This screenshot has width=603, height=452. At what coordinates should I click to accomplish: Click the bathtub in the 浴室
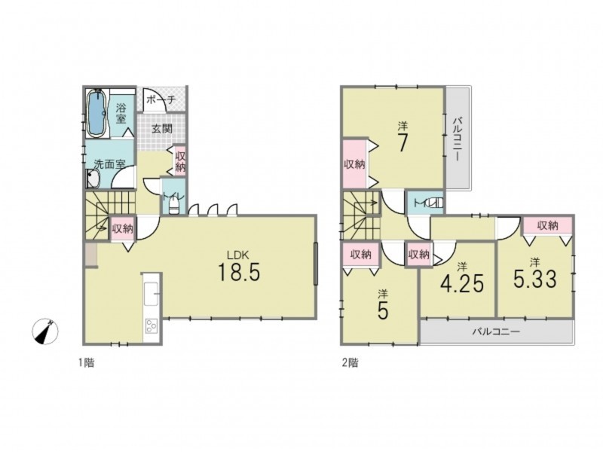96,113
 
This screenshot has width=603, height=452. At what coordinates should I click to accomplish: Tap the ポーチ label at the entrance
161,99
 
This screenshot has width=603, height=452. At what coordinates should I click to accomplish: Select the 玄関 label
161,129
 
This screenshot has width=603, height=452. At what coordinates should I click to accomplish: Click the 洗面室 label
110,164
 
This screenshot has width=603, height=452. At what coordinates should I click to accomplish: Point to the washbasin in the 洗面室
93,179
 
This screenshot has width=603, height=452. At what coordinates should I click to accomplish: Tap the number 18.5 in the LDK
239,272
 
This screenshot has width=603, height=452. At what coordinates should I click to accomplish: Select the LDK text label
238,255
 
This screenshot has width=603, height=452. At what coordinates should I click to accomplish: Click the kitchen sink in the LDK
151,295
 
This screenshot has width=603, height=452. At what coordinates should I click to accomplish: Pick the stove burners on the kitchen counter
151,327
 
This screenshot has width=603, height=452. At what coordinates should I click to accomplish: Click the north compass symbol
46,331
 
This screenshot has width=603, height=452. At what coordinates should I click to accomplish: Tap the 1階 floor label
87,362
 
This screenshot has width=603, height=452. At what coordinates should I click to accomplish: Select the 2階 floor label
350,362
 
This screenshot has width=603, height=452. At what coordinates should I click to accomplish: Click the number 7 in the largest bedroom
402,144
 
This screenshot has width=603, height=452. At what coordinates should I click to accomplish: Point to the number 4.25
461,284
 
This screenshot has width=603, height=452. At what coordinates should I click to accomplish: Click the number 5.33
535,279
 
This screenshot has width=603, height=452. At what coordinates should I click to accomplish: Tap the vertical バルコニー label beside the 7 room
457,139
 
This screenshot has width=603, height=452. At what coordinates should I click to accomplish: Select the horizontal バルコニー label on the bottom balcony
496,331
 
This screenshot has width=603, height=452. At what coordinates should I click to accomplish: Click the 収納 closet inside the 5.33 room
548,225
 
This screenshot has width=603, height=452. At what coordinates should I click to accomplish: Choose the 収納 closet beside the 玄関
180,161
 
